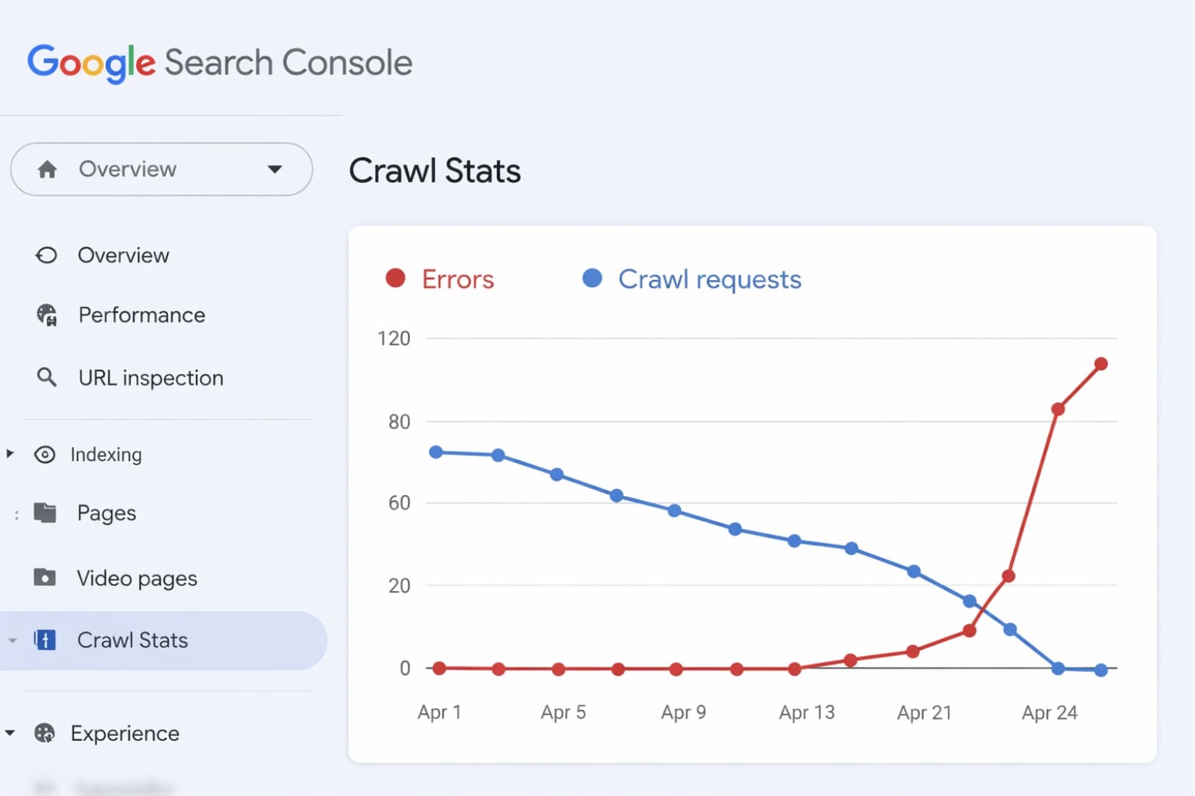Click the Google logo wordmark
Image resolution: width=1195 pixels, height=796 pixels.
[x=91, y=62]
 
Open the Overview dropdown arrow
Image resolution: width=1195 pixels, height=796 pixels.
[x=274, y=169]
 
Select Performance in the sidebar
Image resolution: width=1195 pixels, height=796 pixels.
[x=141, y=315]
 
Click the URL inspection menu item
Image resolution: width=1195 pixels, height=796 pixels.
[x=150, y=378]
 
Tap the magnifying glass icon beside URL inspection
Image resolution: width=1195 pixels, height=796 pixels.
[x=47, y=377]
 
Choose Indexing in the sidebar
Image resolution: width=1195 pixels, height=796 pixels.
[x=106, y=455]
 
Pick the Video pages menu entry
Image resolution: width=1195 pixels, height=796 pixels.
[x=136, y=579]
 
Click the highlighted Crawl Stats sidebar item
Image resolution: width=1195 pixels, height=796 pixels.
[x=133, y=640]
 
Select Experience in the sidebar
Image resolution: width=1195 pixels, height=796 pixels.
[x=124, y=733]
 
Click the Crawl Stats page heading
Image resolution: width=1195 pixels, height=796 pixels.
[x=434, y=171]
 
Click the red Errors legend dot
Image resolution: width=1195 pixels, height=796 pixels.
[x=395, y=279]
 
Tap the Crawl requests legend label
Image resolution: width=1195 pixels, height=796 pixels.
[x=709, y=279]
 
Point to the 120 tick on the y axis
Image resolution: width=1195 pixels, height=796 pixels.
[x=394, y=338]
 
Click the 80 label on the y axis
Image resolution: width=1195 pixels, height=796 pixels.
[x=399, y=422]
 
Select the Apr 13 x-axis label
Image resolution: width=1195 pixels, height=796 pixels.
[x=807, y=713]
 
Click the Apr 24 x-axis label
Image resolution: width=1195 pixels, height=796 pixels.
[x=1049, y=713]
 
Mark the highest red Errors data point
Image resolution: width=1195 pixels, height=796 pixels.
[x=1101, y=364]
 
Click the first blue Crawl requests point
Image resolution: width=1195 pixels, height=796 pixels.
[x=436, y=452]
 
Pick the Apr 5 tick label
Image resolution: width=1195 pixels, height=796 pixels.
[x=563, y=713]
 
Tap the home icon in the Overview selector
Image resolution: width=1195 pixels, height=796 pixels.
[x=47, y=169]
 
